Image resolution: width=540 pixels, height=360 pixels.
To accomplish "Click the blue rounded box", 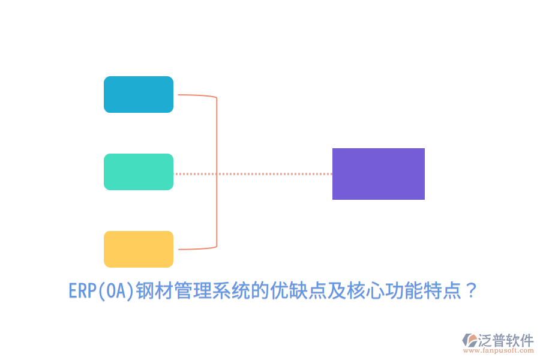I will tap(139, 94).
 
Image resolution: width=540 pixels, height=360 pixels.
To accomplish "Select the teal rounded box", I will tap(139, 172).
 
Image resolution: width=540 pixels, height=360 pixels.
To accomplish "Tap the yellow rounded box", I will tap(139, 249).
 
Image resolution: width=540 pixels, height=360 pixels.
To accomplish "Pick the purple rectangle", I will tap(379, 174).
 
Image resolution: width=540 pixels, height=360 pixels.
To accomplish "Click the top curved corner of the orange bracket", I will tap(214, 97).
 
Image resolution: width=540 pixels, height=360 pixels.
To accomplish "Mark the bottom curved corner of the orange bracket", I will tap(214, 245).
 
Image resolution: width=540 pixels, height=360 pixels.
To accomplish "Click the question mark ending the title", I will tap(471, 292).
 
